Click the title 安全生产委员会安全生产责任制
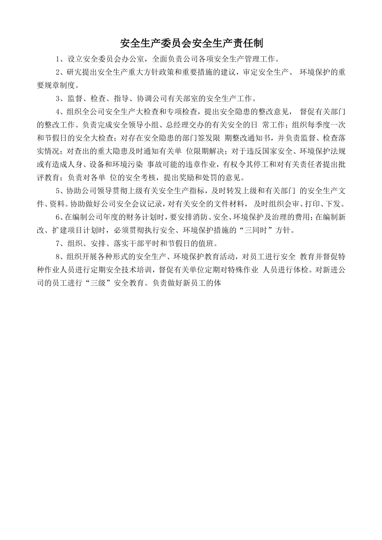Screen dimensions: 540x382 pyautogui.click(x=191, y=43)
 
